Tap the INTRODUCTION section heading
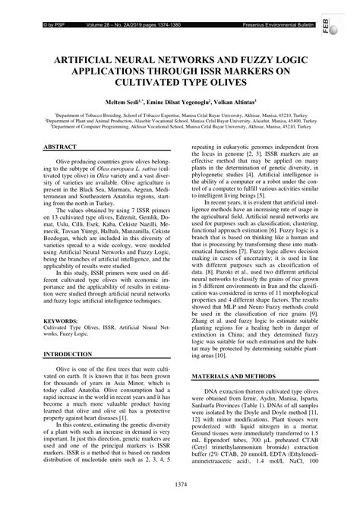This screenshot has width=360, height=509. coord(73,355)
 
